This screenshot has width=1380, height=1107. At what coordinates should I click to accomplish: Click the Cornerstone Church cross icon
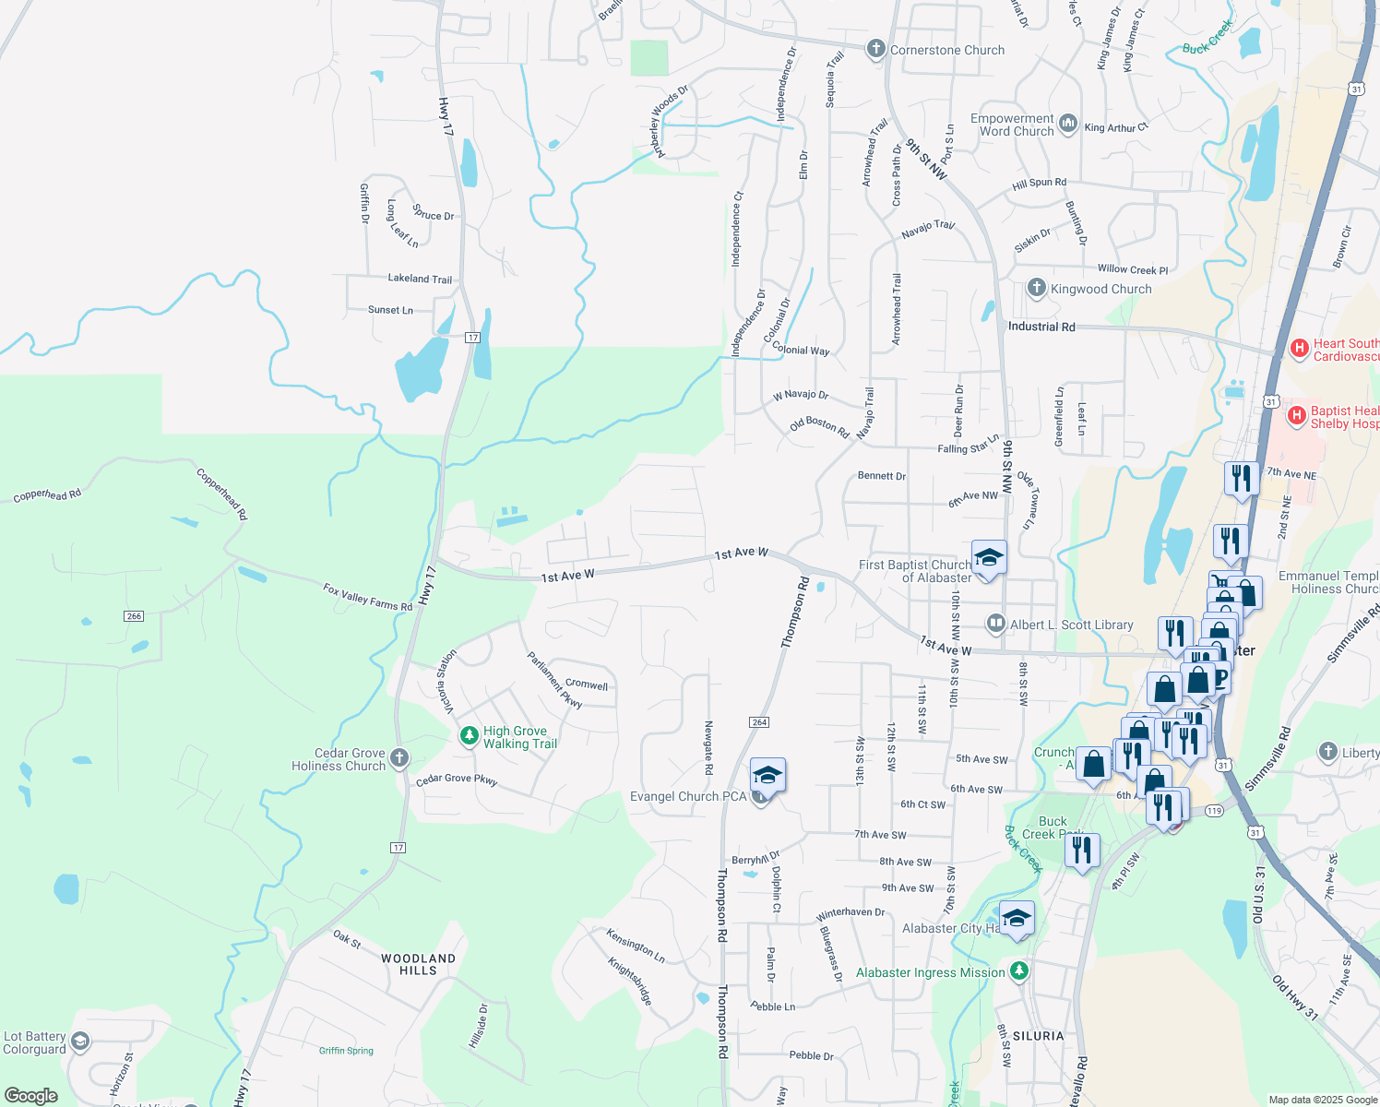[x=876, y=50]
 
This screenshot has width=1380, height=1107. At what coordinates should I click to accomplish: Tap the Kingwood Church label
[x=1100, y=289]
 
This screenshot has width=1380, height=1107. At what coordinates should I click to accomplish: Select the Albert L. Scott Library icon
[x=995, y=625]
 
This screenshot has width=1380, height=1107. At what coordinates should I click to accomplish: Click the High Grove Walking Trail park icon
[x=470, y=736]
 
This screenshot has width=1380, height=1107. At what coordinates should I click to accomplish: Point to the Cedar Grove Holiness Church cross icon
[x=399, y=758]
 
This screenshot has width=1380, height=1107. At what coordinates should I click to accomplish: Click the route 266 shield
[x=134, y=615]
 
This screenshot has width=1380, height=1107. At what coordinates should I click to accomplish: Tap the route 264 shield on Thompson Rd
[x=759, y=721]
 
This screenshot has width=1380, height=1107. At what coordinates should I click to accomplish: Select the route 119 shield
[x=1214, y=811]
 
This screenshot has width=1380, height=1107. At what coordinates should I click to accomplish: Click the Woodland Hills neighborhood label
[x=418, y=964]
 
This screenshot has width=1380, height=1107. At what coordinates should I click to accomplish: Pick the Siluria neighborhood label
[x=1039, y=1036]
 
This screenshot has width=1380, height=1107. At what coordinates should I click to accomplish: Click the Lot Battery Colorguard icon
[x=80, y=1042]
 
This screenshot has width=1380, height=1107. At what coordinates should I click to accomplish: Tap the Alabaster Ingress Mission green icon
[x=1018, y=971]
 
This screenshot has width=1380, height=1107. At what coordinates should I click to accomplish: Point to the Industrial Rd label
[x=1041, y=327]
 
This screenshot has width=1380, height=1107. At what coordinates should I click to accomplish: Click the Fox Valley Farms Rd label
[x=367, y=597]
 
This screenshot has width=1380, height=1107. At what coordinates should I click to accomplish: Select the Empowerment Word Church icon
[x=1068, y=123]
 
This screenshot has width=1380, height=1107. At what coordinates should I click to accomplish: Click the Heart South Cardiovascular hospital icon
[x=1300, y=349]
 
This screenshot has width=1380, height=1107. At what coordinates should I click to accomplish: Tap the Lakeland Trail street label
[x=420, y=279]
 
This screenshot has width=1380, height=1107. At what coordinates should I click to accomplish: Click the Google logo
[x=30, y=1095]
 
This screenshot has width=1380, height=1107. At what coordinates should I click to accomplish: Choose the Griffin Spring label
[x=346, y=1051]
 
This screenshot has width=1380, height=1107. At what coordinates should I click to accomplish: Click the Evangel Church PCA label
[x=688, y=796]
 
